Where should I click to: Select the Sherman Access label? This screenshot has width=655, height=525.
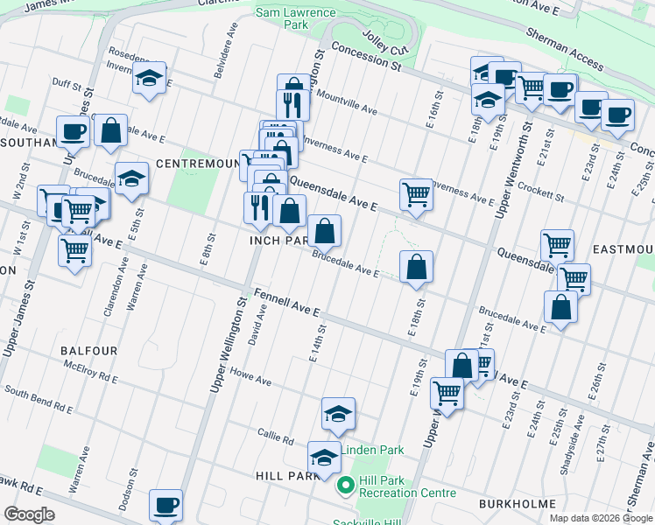tap(564, 48)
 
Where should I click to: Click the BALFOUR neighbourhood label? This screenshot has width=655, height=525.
tap(88, 350)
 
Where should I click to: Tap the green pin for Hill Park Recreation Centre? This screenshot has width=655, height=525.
tap(346, 484)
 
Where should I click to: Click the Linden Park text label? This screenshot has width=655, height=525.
tap(372, 450)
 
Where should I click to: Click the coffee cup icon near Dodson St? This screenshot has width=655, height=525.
tap(166, 506)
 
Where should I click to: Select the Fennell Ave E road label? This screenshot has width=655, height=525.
tap(287, 304)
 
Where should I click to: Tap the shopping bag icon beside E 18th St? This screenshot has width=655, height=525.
tap(417, 267)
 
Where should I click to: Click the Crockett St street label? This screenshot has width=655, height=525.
tap(538, 186)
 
